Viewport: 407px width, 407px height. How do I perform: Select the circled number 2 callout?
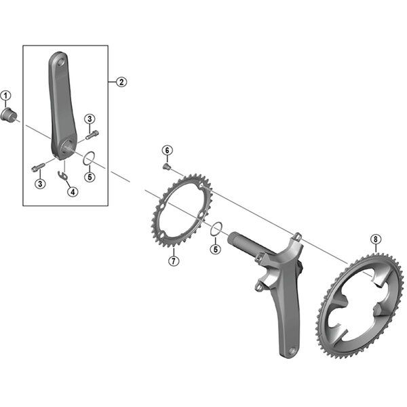pos(121,82)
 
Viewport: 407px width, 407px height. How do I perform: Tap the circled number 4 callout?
pos(72,192)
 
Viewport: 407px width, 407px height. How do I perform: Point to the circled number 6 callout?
pos(166,150)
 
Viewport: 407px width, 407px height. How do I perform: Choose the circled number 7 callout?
pos(174,260)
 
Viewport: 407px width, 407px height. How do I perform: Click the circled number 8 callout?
pos(376,239)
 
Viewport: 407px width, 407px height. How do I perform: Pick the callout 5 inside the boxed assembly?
pos(89,177)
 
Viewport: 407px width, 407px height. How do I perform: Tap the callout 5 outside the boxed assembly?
pos(216,249)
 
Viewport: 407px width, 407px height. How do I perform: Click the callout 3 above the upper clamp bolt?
pos(89,119)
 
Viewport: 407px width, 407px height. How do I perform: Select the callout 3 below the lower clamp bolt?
pos(41,183)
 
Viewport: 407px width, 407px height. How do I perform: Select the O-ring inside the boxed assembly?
pos(88,160)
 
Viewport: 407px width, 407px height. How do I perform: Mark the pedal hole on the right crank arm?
pos(292,351)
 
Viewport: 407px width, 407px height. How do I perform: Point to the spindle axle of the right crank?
pos(244,241)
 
